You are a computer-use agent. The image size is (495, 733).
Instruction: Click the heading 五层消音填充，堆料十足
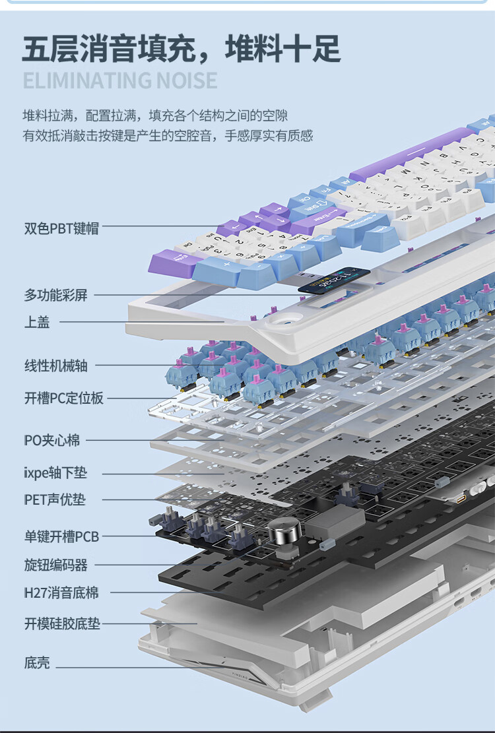(181, 49)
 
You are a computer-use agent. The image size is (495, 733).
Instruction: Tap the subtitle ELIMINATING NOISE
(119, 81)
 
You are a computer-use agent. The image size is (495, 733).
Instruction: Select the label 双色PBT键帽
(61, 228)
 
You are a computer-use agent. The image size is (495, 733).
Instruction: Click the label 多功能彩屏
(55, 295)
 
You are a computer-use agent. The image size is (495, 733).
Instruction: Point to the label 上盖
(37, 322)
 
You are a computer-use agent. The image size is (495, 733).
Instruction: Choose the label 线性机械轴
(55, 365)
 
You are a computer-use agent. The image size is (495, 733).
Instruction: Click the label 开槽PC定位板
(64, 398)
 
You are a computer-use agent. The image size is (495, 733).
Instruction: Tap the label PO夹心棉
(51, 440)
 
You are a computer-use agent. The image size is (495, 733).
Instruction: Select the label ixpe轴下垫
(55, 473)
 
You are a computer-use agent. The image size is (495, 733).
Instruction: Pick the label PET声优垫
(55, 500)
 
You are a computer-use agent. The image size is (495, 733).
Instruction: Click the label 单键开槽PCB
(61, 537)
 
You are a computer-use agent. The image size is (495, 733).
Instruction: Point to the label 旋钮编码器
(55, 565)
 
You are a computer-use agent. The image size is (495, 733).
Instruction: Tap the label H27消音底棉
(61, 593)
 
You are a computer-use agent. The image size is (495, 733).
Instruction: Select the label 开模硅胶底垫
(63, 623)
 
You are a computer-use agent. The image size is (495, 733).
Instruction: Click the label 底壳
(37, 663)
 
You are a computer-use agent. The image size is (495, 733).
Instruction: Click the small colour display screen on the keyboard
(333, 280)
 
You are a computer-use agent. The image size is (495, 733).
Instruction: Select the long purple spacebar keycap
(412, 155)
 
